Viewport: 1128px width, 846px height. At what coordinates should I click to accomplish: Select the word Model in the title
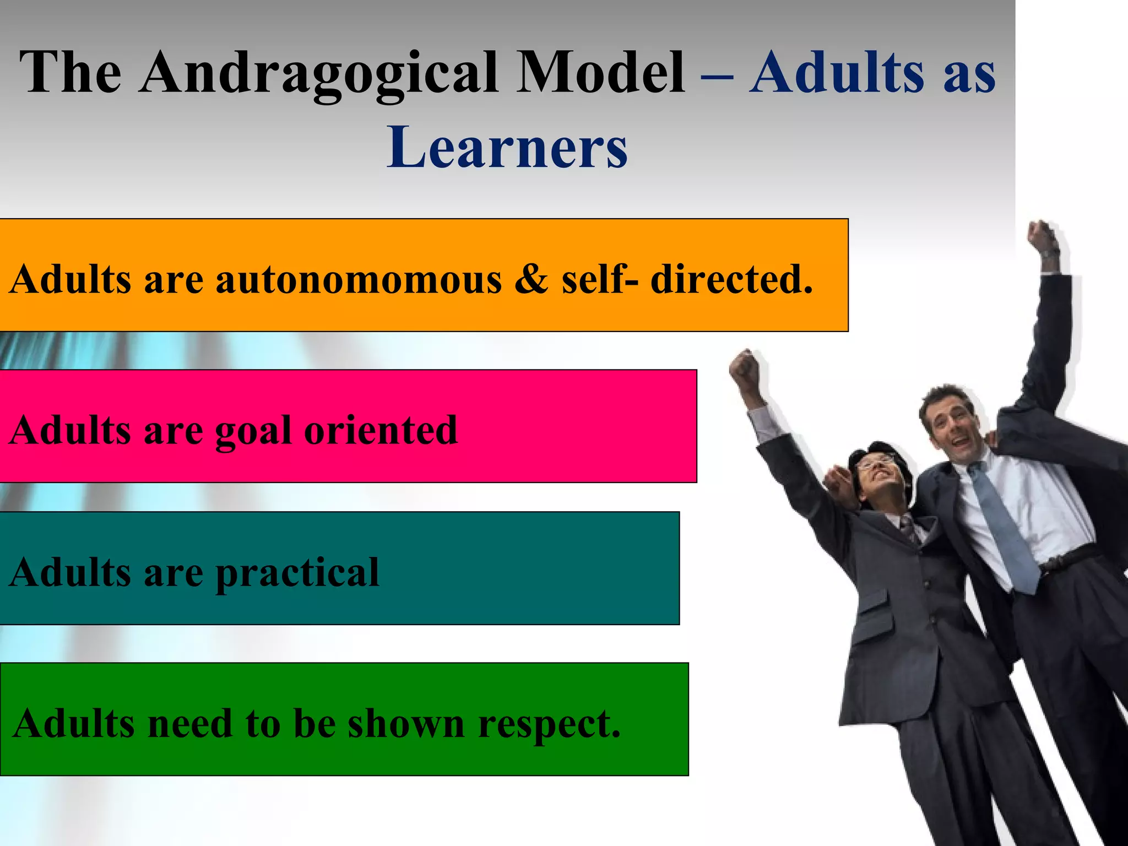(x=600, y=73)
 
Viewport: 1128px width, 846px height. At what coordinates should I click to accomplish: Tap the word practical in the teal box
(x=297, y=573)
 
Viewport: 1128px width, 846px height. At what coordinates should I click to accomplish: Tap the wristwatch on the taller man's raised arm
(x=1050, y=254)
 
